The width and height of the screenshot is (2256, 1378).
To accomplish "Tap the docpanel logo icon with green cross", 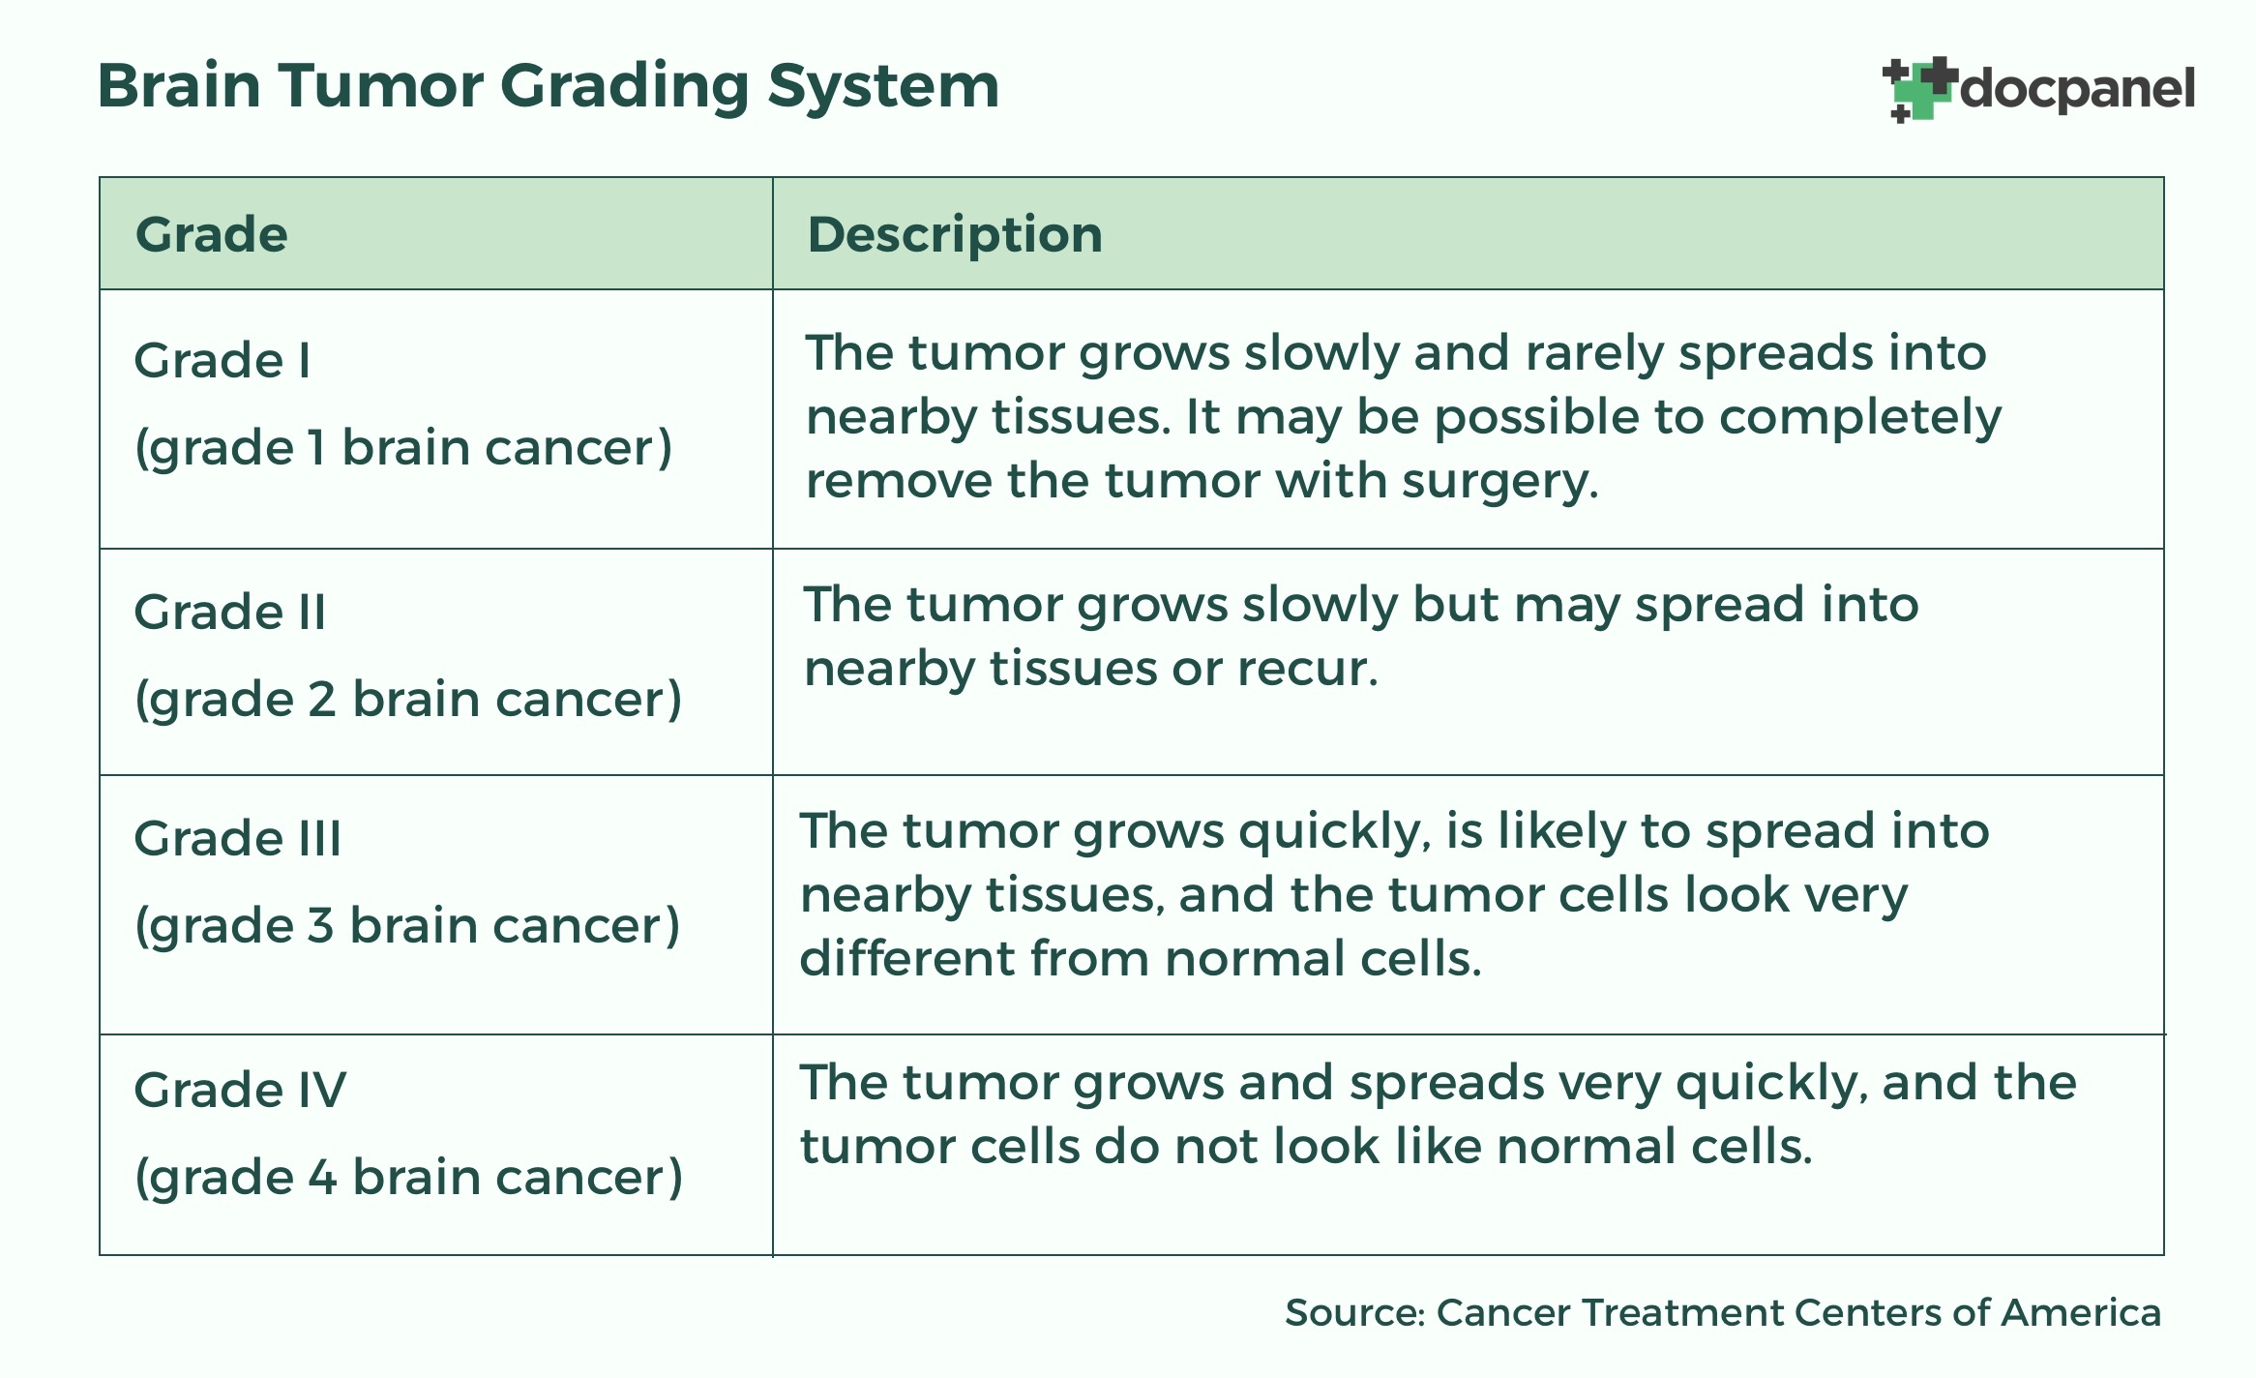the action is pos(1919,89).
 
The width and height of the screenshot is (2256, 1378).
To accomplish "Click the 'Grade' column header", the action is pos(212,234).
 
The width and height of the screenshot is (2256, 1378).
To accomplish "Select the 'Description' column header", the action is pos(955,234).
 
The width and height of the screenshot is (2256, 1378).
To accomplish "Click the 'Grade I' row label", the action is pos(223,360).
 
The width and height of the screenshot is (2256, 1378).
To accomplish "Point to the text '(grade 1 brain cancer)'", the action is pos(403,449).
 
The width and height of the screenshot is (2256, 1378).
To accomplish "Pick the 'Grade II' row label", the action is pos(230,612).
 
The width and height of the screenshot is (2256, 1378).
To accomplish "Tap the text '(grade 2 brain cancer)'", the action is pos(408,701).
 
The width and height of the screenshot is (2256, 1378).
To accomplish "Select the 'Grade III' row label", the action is pos(238,838).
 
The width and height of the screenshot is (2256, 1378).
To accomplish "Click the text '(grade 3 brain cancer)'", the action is pos(407,927).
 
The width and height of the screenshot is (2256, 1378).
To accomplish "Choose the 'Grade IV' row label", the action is pos(240,1090).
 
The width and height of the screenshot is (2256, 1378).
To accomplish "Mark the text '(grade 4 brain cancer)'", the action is pos(409,1179).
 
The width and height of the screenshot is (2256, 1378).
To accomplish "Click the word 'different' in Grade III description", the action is pos(905,958).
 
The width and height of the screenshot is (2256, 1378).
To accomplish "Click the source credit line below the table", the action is pos(1723,1312).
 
